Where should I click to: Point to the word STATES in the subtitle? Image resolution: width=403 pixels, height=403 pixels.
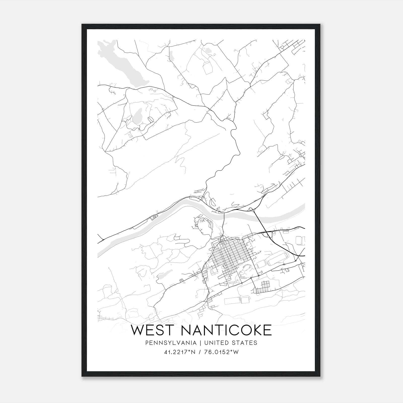(x=245, y=343)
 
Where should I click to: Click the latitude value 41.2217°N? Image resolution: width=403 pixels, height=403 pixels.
(x=179, y=352)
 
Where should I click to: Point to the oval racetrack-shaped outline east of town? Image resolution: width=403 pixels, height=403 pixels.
(x=278, y=259)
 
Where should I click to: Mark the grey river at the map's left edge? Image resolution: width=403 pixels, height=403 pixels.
(x=101, y=252)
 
